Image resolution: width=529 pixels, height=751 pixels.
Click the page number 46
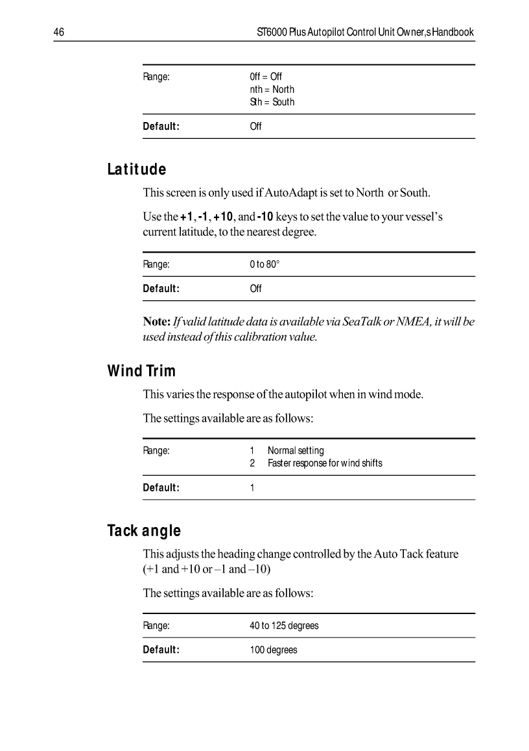pyautogui.click(x=58, y=32)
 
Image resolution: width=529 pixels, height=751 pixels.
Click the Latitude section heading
pyautogui.click(x=137, y=170)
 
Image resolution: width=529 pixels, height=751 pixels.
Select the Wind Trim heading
pyautogui.click(x=141, y=371)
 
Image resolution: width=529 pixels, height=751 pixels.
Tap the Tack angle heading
pyautogui.click(x=144, y=531)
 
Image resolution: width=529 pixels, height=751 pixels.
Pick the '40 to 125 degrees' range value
pyautogui.click(x=284, y=626)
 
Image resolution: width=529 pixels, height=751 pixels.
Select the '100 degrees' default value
pyautogui.click(x=274, y=650)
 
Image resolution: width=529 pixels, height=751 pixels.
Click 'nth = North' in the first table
pyautogui.click(x=272, y=89)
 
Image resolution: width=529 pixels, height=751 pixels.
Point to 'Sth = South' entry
pyautogui.click(x=272, y=102)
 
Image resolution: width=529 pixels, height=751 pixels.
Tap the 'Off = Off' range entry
pyautogui.click(x=266, y=77)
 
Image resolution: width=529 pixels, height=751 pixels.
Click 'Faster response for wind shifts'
pyautogui.click(x=325, y=463)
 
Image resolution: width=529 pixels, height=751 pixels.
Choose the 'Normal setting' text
pyautogui.click(x=296, y=450)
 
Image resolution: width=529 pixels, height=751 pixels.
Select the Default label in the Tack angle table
pyautogui.click(x=161, y=650)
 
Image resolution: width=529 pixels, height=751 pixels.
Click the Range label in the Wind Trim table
pyautogui.click(x=156, y=450)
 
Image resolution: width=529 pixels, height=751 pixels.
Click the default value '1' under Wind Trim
pyautogui.click(x=252, y=487)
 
